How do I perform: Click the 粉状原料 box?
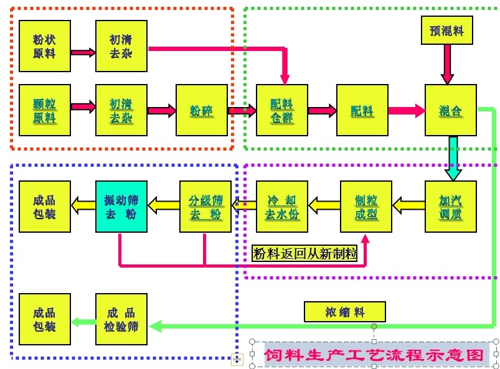coord(44,46)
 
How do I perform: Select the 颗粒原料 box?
coord(44,110)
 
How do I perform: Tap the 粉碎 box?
coord(202,110)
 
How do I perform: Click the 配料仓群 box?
coord(281,110)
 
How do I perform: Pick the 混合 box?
coord(450,110)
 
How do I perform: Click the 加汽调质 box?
coord(450,207)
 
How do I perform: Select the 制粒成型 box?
coord(366,207)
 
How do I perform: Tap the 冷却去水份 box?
coord(281,207)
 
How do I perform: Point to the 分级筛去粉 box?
coord(205,207)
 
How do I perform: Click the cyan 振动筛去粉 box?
coord(121,207)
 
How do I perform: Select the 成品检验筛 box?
coord(121,319)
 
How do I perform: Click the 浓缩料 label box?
coord(345,312)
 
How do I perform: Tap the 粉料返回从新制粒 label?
coord(304,254)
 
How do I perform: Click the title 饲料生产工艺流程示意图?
coord(374,355)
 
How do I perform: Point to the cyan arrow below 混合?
coord(453,158)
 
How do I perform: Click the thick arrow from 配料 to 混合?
coord(407,111)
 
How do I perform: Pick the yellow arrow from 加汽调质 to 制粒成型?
coord(408,203)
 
